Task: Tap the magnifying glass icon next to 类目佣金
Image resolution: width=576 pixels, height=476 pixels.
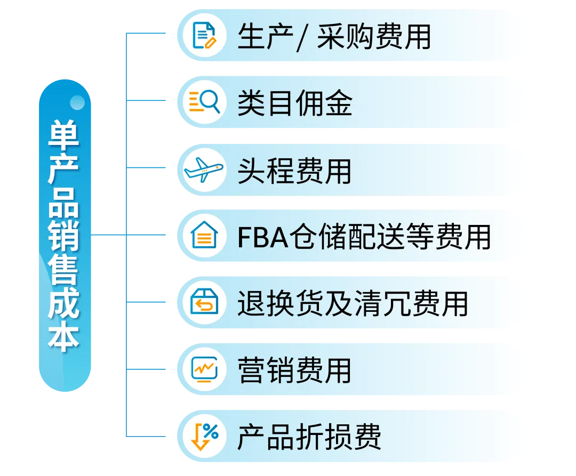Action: (204, 102)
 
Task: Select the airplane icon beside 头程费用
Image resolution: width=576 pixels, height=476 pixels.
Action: (204, 169)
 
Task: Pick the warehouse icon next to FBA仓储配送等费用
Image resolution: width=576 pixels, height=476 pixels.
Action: (204, 236)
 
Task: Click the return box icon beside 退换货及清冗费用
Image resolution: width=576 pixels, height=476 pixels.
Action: (204, 303)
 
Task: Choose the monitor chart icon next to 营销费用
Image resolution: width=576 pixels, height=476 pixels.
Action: (204, 369)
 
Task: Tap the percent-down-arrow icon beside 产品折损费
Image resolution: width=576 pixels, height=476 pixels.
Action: (204, 437)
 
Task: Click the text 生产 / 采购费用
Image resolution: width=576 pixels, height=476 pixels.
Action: (334, 37)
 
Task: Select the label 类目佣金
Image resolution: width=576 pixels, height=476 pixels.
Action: (294, 103)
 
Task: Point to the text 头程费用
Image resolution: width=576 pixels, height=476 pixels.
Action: (294, 170)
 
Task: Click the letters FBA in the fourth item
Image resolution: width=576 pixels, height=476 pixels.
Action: (261, 237)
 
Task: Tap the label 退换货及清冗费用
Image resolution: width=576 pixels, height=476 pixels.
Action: (353, 303)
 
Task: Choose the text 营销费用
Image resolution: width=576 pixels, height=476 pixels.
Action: (294, 370)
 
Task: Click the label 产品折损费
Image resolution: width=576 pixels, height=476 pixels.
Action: (309, 437)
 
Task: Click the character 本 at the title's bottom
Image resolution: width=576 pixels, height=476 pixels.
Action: (65, 337)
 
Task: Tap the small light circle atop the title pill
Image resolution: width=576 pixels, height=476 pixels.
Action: (77, 102)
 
